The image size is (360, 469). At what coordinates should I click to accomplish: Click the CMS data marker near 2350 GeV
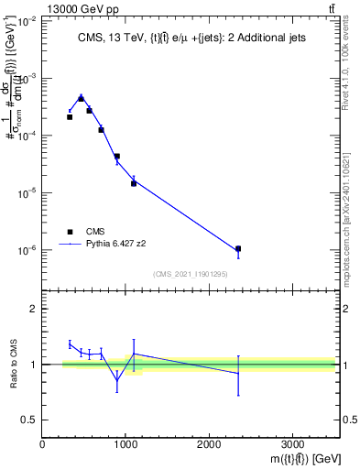pos(238,248)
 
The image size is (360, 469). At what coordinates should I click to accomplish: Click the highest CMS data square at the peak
pos(81,98)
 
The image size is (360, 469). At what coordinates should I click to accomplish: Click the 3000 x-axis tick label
pos(292,444)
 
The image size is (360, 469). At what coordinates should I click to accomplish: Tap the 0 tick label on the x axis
pos(43,444)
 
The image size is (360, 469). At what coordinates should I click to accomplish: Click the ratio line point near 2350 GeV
pos(238,373)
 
